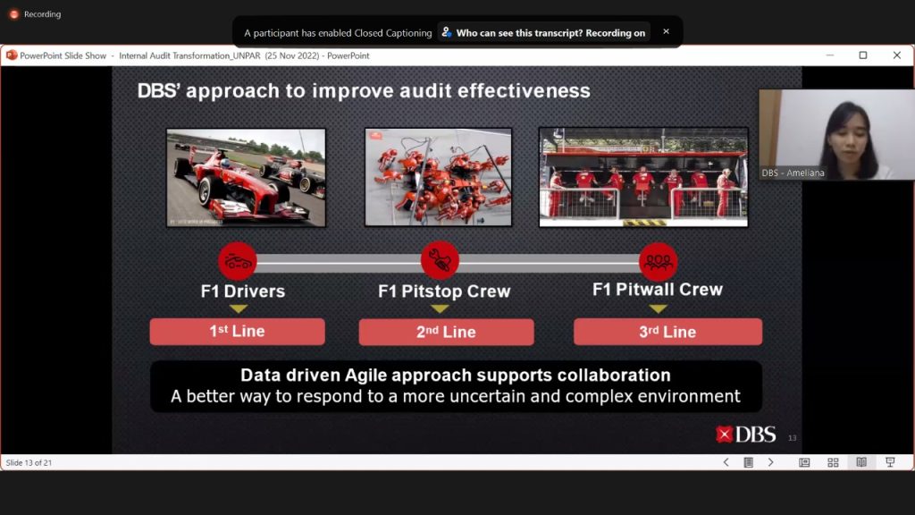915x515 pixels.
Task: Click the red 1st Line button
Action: [237, 332]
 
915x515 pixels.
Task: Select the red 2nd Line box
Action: [447, 332]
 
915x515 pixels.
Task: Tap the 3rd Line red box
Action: [667, 332]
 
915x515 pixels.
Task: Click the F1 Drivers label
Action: [243, 291]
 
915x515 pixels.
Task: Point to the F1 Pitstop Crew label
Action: [444, 291]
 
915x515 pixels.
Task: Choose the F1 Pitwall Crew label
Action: [658, 289]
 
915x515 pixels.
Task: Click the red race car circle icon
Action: [238, 261]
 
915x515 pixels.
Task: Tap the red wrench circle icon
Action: [440, 260]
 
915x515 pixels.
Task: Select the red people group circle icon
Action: [659, 262]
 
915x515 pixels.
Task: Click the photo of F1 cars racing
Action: [247, 178]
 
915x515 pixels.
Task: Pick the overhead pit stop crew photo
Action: [438, 177]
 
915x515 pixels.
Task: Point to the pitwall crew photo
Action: [643, 177]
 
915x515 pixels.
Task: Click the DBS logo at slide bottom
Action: [746, 435]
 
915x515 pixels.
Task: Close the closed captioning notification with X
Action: [666, 31]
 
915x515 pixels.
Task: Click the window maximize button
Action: [863, 55]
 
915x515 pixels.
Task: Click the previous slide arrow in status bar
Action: [726, 462]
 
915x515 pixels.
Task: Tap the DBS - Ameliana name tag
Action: [793, 173]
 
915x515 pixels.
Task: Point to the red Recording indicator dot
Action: [13, 14]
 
